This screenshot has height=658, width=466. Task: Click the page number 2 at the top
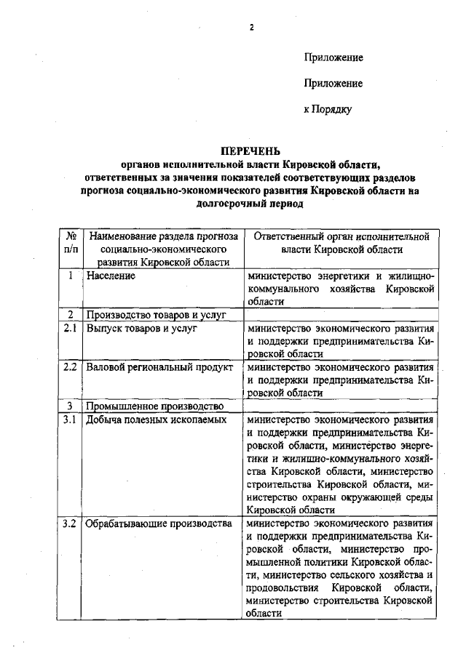[x=251, y=28]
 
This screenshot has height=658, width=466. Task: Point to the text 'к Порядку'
[x=328, y=110]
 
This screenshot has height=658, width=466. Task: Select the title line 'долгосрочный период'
[x=250, y=204]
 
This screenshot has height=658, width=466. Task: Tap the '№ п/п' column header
[x=71, y=243]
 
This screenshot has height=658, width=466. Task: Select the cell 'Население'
[x=111, y=276]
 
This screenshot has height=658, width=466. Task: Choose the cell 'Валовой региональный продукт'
[x=155, y=367]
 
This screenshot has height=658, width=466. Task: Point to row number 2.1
[x=70, y=329]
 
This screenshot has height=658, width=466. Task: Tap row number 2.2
[x=70, y=367]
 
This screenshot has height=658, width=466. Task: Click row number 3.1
[x=70, y=420]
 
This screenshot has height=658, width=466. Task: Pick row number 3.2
[x=70, y=523]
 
